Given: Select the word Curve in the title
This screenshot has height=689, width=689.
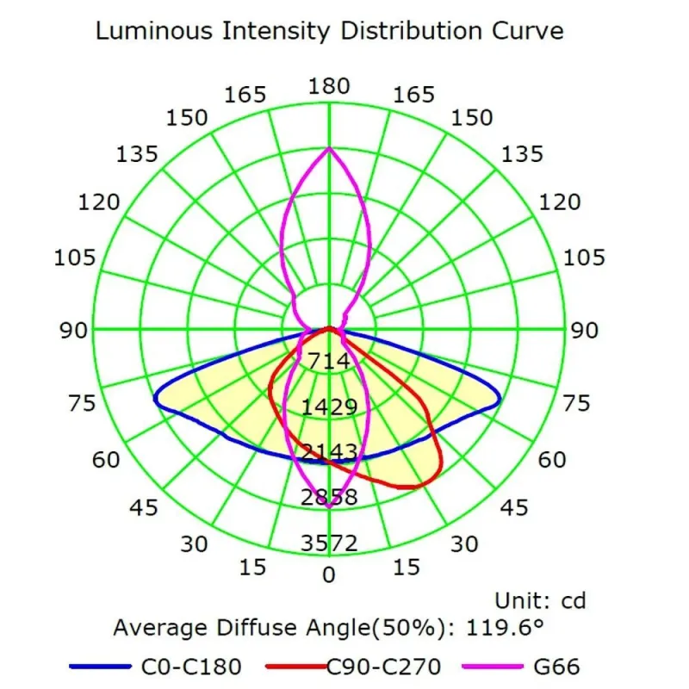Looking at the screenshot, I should (x=528, y=32).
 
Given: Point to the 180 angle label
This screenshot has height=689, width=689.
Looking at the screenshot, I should (x=329, y=86).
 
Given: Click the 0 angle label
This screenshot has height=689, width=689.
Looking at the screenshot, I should (x=329, y=574).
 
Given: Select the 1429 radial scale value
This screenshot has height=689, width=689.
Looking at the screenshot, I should (x=329, y=407).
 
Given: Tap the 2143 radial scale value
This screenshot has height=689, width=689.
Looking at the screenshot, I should (x=329, y=451).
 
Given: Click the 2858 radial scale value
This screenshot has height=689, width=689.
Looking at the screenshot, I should (x=329, y=497).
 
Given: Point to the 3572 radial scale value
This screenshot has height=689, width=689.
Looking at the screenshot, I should (x=329, y=543).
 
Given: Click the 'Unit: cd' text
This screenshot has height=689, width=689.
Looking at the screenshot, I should (x=540, y=599).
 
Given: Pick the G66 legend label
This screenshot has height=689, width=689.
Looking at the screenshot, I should (x=556, y=666).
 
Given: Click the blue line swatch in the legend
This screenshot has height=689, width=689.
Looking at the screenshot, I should (x=96, y=667).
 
